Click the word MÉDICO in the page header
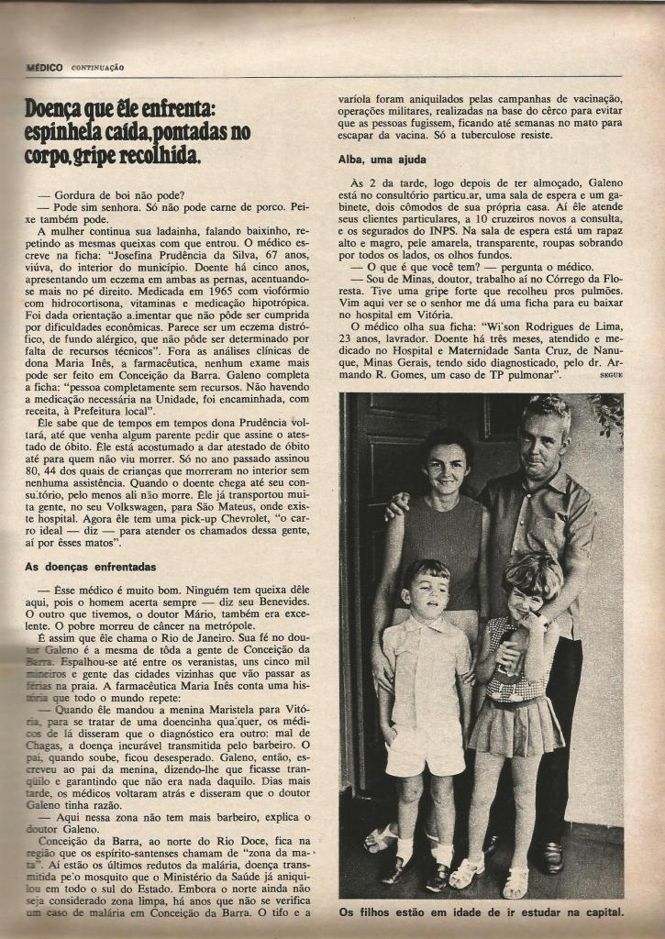(44, 67)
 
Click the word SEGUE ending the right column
(610, 375)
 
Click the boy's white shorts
(425, 750)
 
